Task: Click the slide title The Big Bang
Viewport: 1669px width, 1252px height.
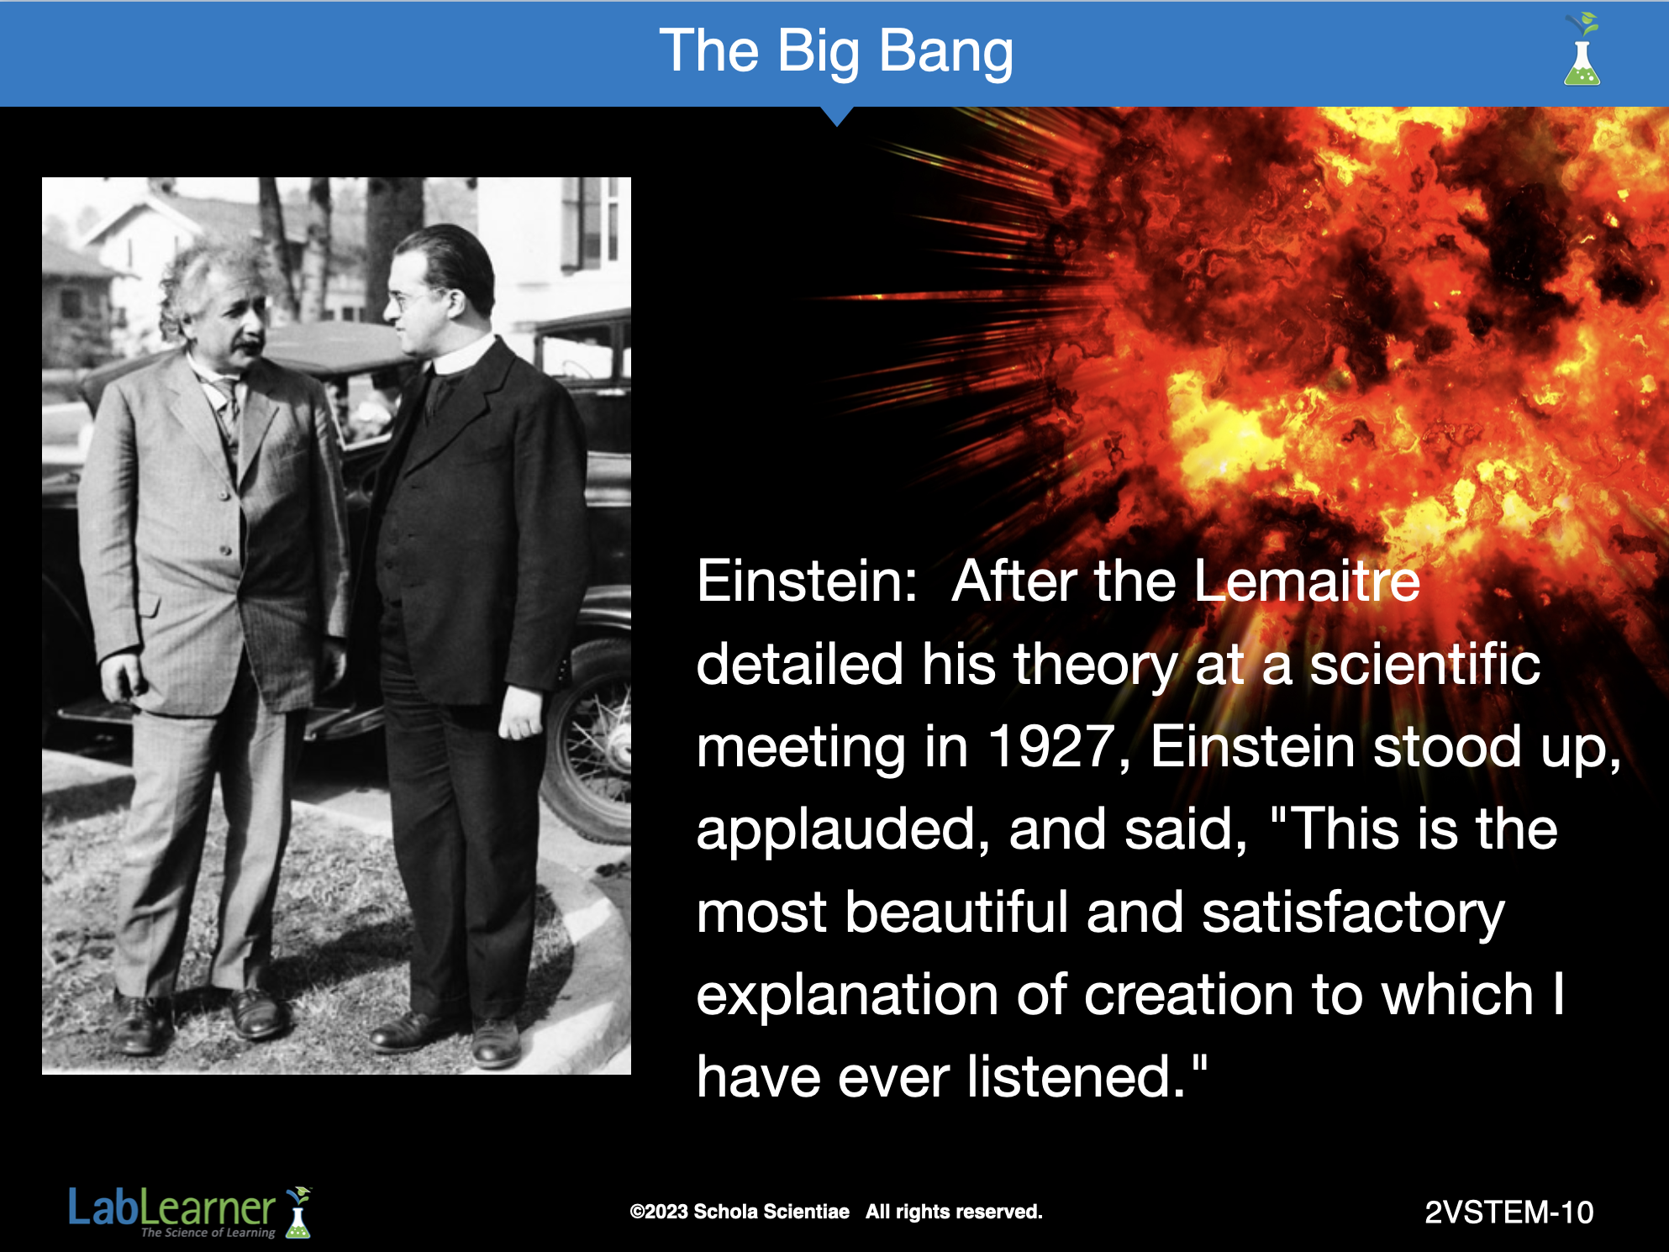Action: (x=836, y=52)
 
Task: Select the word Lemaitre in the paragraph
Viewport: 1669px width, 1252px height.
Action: (x=1307, y=581)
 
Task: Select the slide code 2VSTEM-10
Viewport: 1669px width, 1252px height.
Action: (x=1509, y=1213)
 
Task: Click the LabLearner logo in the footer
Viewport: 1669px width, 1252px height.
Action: (x=190, y=1212)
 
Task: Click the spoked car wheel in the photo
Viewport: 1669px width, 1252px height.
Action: (x=592, y=740)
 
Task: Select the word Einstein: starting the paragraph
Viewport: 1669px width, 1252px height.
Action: (x=807, y=581)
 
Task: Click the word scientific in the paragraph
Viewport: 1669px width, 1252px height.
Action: (x=1425, y=664)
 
